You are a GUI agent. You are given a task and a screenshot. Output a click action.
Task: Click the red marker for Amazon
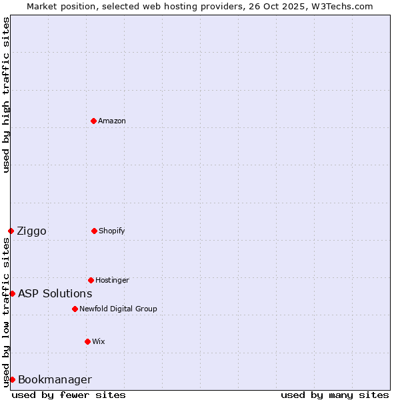click(x=93, y=121)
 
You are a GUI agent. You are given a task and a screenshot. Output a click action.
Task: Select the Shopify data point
click(x=94, y=231)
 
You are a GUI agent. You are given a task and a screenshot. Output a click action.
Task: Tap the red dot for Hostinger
click(x=91, y=280)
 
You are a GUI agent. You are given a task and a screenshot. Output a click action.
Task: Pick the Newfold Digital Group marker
click(x=75, y=309)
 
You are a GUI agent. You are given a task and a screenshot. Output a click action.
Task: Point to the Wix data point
click(x=87, y=341)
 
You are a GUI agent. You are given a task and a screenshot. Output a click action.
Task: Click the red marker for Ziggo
click(x=11, y=231)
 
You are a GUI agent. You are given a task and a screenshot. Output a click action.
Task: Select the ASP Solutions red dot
click(x=12, y=293)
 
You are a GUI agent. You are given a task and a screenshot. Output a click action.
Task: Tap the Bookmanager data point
click(x=12, y=379)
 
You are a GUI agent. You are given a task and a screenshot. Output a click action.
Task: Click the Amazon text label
click(x=112, y=121)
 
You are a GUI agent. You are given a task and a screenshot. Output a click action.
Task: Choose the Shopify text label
click(x=112, y=231)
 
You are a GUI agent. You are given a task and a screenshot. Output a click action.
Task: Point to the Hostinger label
click(x=112, y=280)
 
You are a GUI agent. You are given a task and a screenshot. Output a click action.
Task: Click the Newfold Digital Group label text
click(x=118, y=309)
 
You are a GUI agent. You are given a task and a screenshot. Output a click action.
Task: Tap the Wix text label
click(x=99, y=341)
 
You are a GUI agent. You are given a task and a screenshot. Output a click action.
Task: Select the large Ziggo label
click(x=31, y=231)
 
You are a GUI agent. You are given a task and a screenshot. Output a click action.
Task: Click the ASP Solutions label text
click(x=55, y=293)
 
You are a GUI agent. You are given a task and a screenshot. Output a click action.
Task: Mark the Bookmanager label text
click(x=55, y=379)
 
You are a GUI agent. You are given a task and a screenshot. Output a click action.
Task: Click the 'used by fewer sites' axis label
click(x=69, y=395)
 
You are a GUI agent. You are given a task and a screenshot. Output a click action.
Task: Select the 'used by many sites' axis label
click(x=335, y=395)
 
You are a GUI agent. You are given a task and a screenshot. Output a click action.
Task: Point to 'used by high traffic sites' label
click(x=6, y=95)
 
